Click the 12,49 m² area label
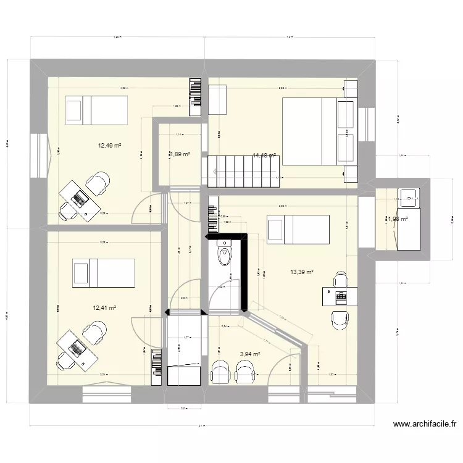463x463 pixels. (109, 146)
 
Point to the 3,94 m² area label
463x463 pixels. (249, 354)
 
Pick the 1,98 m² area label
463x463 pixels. (397, 219)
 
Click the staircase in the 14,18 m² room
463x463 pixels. (244, 171)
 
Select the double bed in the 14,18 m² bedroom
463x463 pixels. (319, 131)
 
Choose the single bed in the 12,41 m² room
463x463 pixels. (103, 273)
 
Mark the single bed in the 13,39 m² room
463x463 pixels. (298, 230)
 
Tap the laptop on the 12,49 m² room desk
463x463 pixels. (80, 199)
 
